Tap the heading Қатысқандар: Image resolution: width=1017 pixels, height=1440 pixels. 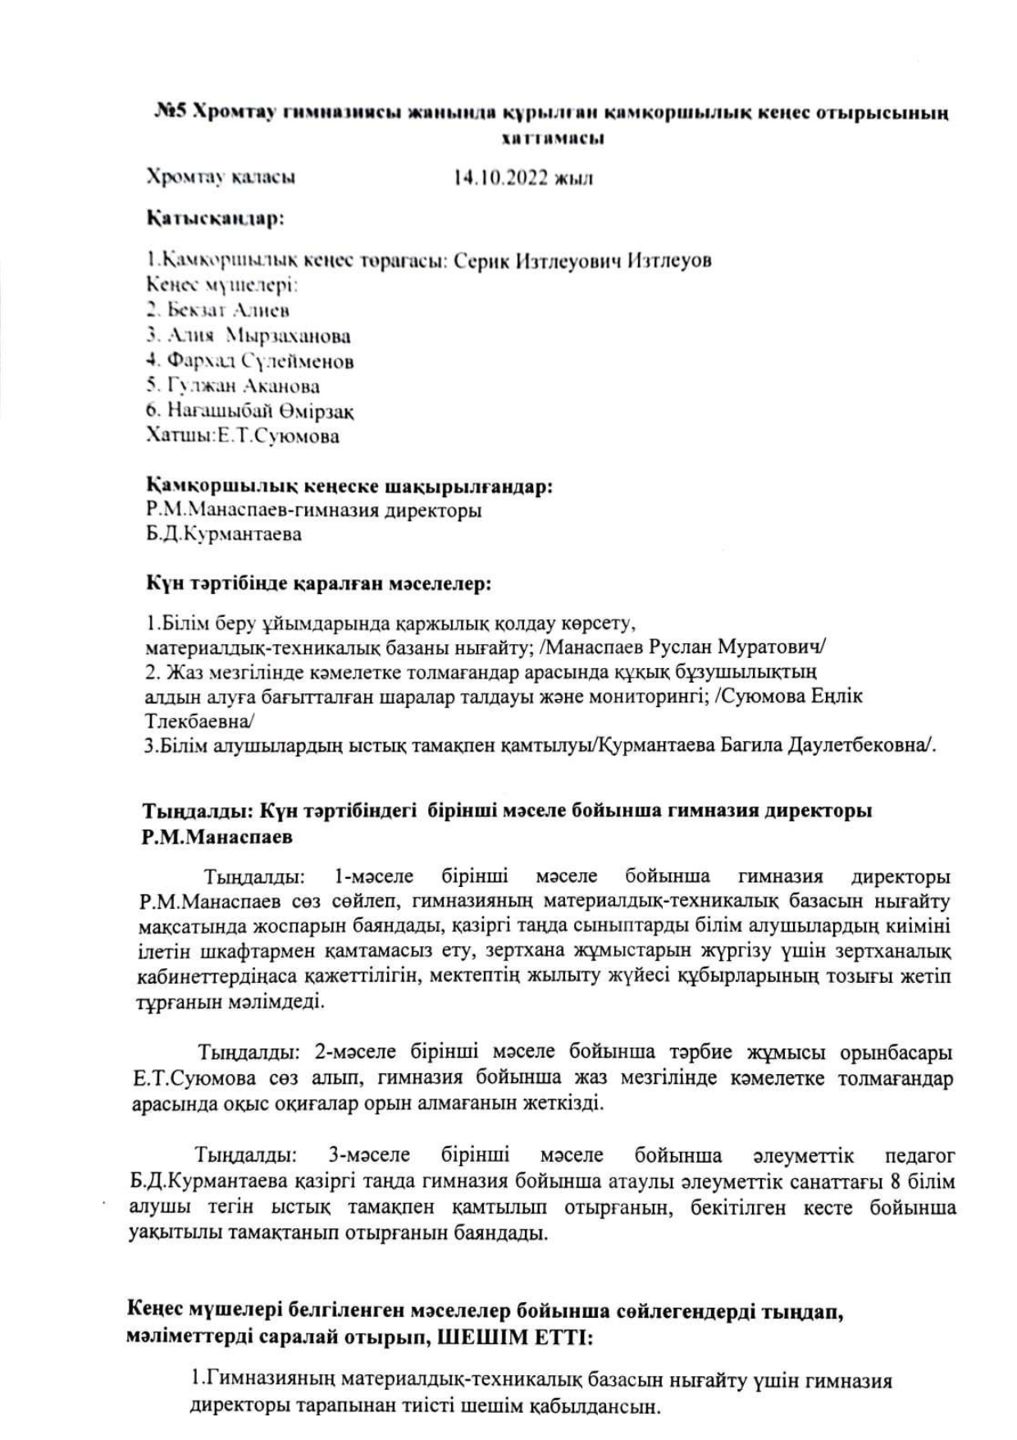pos(215,219)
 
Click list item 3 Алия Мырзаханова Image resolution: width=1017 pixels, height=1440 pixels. pos(249,336)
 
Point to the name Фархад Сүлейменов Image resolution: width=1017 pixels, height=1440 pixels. pos(250,361)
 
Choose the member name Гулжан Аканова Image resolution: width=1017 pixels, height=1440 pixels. pos(233,386)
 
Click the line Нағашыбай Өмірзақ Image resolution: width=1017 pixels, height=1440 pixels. pos(250,411)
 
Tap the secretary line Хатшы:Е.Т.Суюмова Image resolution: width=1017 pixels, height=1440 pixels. pos(242,437)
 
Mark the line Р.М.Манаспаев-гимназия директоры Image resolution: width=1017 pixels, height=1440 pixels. pos(313,510)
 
